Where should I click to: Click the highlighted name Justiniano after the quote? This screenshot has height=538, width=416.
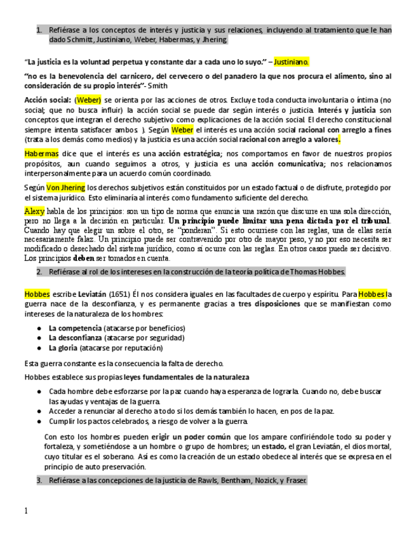[x=292, y=62]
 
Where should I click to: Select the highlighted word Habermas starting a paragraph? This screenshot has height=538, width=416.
[x=41, y=154]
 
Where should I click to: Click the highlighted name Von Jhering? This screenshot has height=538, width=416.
[x=64, y=187]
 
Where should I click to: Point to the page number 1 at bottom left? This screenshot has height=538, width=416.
[x=26, y=511]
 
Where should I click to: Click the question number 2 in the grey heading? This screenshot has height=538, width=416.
[x=39, y=272]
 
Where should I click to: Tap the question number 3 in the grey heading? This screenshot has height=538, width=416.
[x=39, y=480]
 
